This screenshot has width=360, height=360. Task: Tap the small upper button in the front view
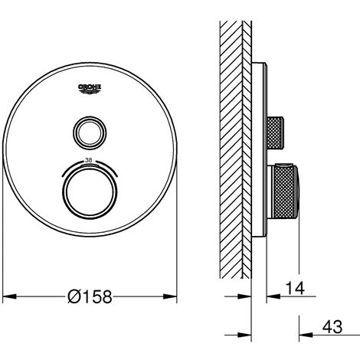click(90, 133)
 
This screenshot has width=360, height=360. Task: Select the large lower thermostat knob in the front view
click(90, 191)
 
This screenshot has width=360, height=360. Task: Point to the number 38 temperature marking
click(89, 160)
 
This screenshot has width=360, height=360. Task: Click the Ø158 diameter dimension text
click(90, 296)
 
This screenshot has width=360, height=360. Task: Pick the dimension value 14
click(295, 288)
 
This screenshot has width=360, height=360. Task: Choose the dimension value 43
click(332, 327)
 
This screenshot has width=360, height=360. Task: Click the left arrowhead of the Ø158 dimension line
click(9, 296)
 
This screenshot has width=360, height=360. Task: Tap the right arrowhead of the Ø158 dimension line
click(170, 296)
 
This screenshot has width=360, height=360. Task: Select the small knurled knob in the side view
click(275, 133)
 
